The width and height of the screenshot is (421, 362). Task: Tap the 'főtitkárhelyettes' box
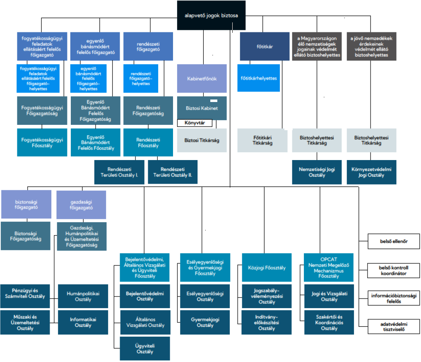point(258,78)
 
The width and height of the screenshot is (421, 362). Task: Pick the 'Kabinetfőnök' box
point(202,78)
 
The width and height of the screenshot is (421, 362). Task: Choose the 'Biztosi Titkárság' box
point(202,140)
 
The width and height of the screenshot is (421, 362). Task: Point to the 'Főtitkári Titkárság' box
point(262,140)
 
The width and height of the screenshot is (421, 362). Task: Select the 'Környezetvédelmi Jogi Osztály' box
point(371,172)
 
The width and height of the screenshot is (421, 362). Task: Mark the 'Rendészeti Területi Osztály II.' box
point(173,172)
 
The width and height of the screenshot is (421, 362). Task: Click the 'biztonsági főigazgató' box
point(26,204)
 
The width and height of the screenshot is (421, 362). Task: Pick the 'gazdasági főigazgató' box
point(81,204)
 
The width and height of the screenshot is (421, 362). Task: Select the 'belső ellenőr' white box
point(394,241)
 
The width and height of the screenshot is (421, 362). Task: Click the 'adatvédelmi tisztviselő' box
point(394,327)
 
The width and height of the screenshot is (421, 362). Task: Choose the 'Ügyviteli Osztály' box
point(145,348)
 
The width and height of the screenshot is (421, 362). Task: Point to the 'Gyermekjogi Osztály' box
point(205,322)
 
